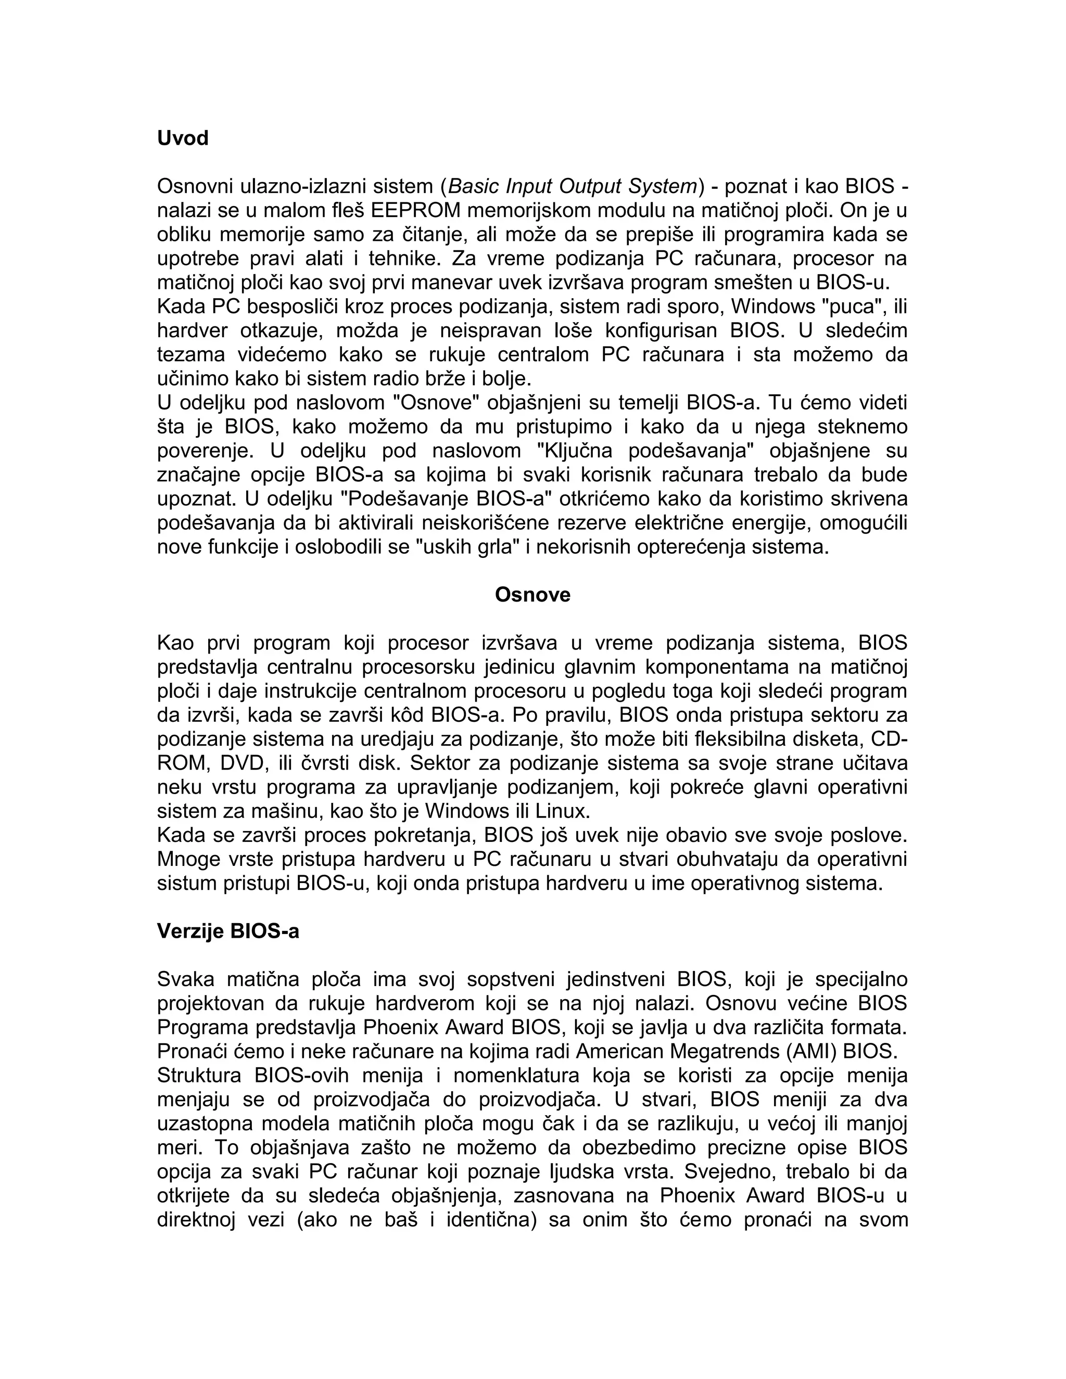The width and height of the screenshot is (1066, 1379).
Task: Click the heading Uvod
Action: click(x=183, y=138)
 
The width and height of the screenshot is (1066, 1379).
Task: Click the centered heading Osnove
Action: click(x=532, y=595)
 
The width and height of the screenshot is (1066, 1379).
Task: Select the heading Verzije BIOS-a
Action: click(x=228, y=931)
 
